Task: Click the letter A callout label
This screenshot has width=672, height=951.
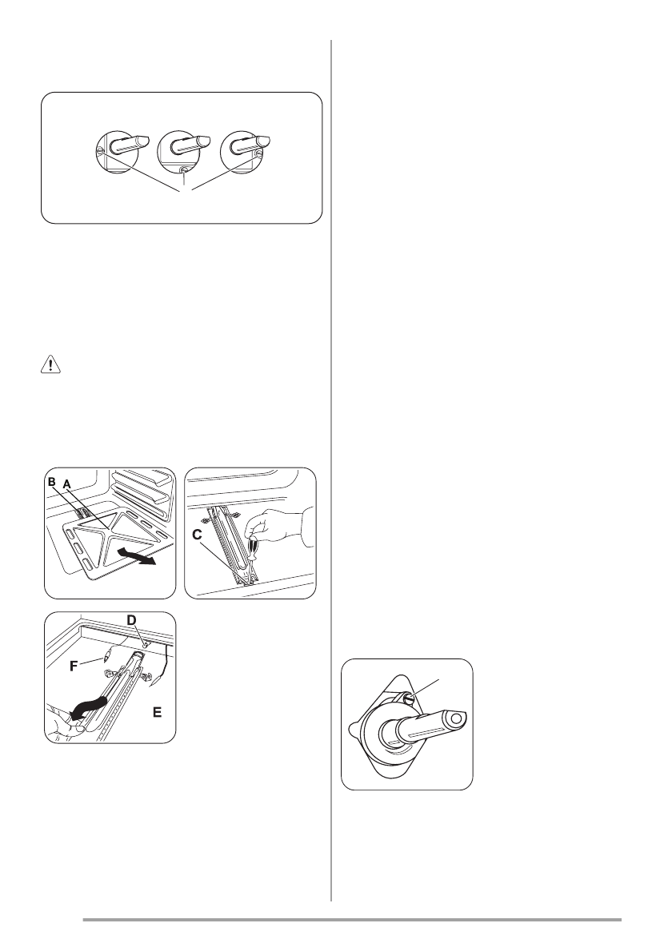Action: [x=66, y=483]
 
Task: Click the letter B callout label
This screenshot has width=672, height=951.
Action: [x=53, y=483]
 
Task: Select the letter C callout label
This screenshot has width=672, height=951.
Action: [x=198, y=535]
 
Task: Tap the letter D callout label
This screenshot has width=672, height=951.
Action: [x=132, y=620]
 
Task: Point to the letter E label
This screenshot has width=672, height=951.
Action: [x=158, y=713]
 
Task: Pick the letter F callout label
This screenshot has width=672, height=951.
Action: [x=74, y=666]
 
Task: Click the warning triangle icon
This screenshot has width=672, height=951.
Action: [x=50, y=366]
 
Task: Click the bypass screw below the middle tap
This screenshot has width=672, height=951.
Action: [x=183, y=170]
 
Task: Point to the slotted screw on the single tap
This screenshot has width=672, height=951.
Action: [x=409, y=699]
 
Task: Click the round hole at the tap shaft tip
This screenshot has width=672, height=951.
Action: [x=454, y=719]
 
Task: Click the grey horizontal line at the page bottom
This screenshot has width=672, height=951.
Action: [x=352, y=920]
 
